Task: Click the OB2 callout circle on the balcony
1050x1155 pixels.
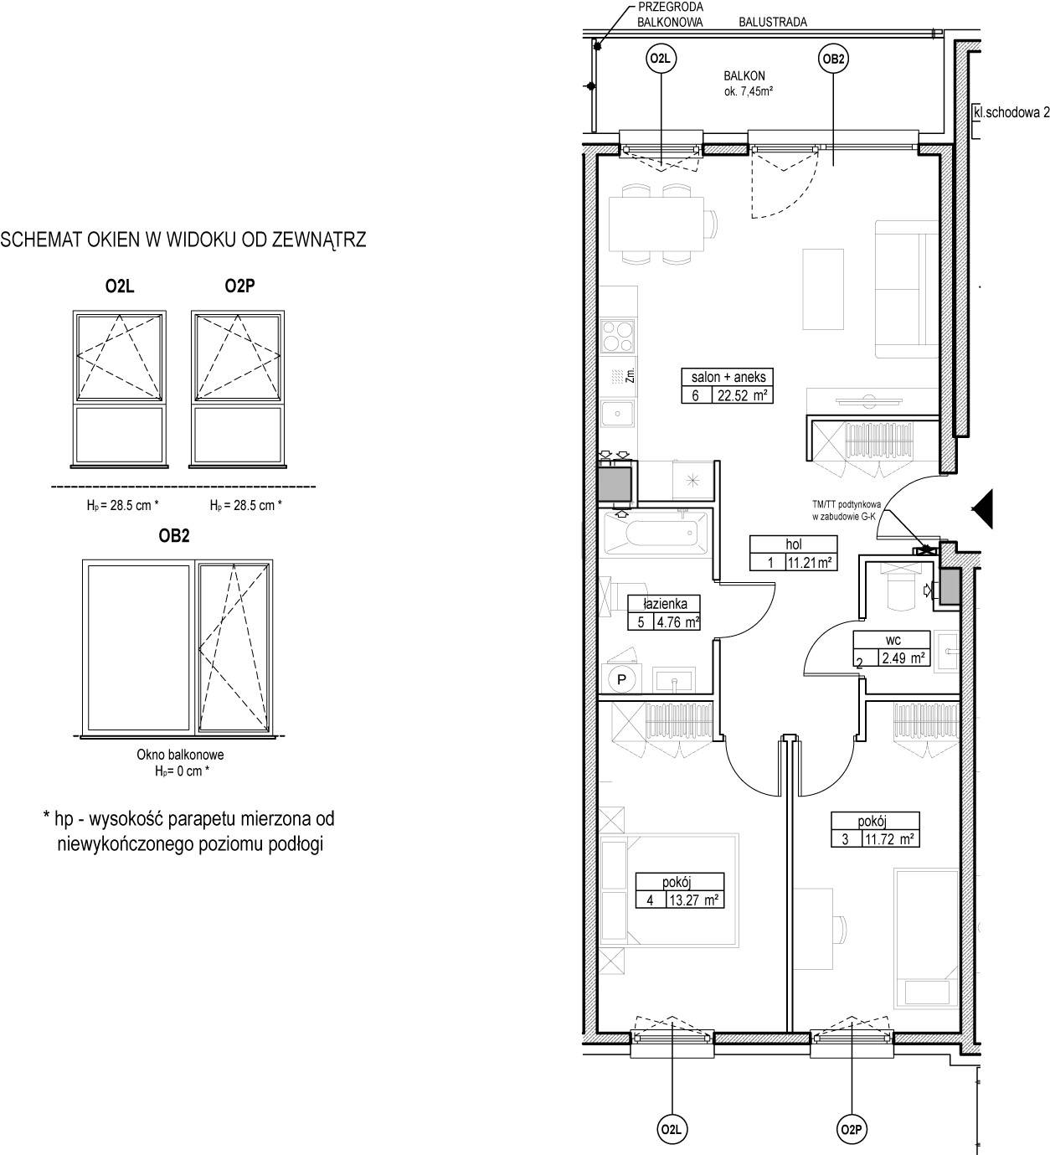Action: pyautogui.click(x=833, y=59)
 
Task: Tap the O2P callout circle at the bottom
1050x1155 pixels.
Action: pyautogui.click(x=851, y=1129)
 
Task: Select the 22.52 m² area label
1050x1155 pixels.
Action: pyautogui.click(x=743, y=395)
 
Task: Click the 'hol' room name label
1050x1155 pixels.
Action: pyautogui.click(x=793, y=544)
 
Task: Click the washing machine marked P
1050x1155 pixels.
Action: pyautogui.click(x=621, y=679)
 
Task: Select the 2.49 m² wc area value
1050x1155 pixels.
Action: pyautogui.click(x=903, y=657)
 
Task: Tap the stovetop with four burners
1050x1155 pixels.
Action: pyautogui.click(x=617, y=336)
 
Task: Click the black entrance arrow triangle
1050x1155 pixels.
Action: pyautogui.click(x=983, y=508)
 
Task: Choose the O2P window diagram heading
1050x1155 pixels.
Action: pyautogui.click(x=239, y=286)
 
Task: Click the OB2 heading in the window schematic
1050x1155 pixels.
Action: pyautogui.click(x=174, y=535)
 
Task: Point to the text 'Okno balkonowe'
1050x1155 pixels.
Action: pyautogui.click(x=180, y=755)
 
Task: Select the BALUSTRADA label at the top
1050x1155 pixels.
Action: pyautogui.click(x=773, y=22)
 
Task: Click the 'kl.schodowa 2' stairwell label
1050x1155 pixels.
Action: pyautogui.click(x=1011, y=112)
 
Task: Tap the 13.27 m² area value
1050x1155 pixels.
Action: pyautogui.click(x=694, y=900)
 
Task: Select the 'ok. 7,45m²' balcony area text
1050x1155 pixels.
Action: pyautogui.click(x=749, y=91)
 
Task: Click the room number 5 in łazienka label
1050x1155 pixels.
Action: pyautogui.click(x=640, y=621)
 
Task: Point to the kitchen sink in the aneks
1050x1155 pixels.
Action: pyautogui.click(x=617, y=413)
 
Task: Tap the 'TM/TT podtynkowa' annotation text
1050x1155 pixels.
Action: pyautogui.click(x=847, y=504)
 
